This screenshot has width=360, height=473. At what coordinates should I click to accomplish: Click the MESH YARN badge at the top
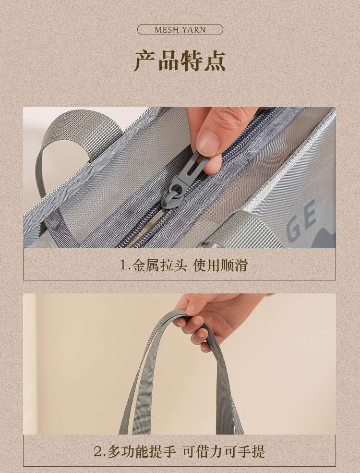[x=180, y=30]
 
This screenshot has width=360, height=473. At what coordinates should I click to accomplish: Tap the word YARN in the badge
[x=193, y=30]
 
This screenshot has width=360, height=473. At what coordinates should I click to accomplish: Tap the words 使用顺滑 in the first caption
[x=220, y=265]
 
